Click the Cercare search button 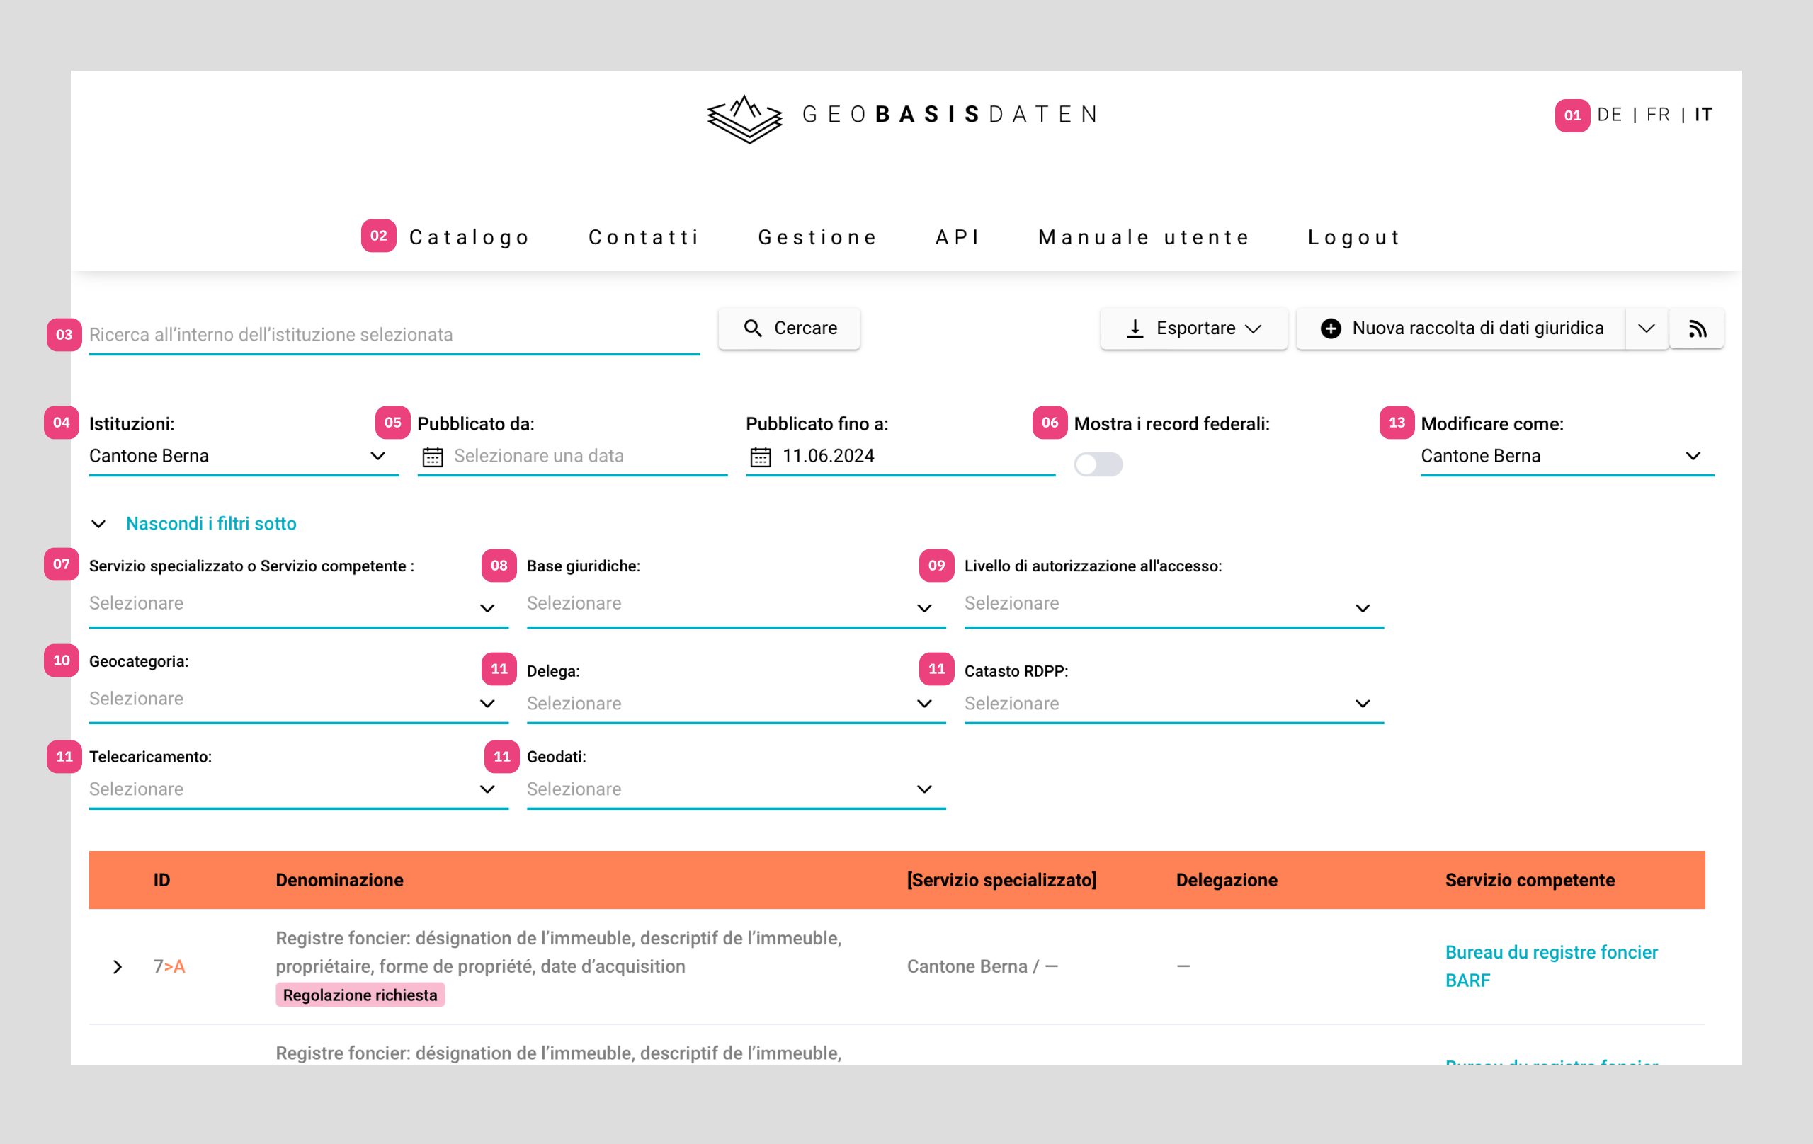click(x=789, y=328)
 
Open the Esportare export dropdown click(x=1193, y=328)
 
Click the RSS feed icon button click(x=1697, y=329)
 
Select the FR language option click(x=1658, y=115)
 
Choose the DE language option click(x=1610, y=115)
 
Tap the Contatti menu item click(x=644, y=237)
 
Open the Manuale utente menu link click(x=1144, y=237)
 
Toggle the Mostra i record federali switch click(x=1098, y=464)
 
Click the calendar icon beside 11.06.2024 click(x=761, y=457)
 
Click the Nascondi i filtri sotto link click(x=211, y=524)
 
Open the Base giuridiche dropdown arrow click(x=925, y=608)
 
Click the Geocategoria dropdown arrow click(x=487, y=704)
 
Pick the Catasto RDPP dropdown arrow click(x=1362, y=704)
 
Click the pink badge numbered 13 click(x=1397, y=423)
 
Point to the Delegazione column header click(x=1227, y=880)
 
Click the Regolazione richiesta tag click(x=360, y=995)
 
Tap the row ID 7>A click(x=169, y=966)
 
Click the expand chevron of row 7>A click(x=118, y=967)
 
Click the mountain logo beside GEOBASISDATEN click(x=744, y=119)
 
